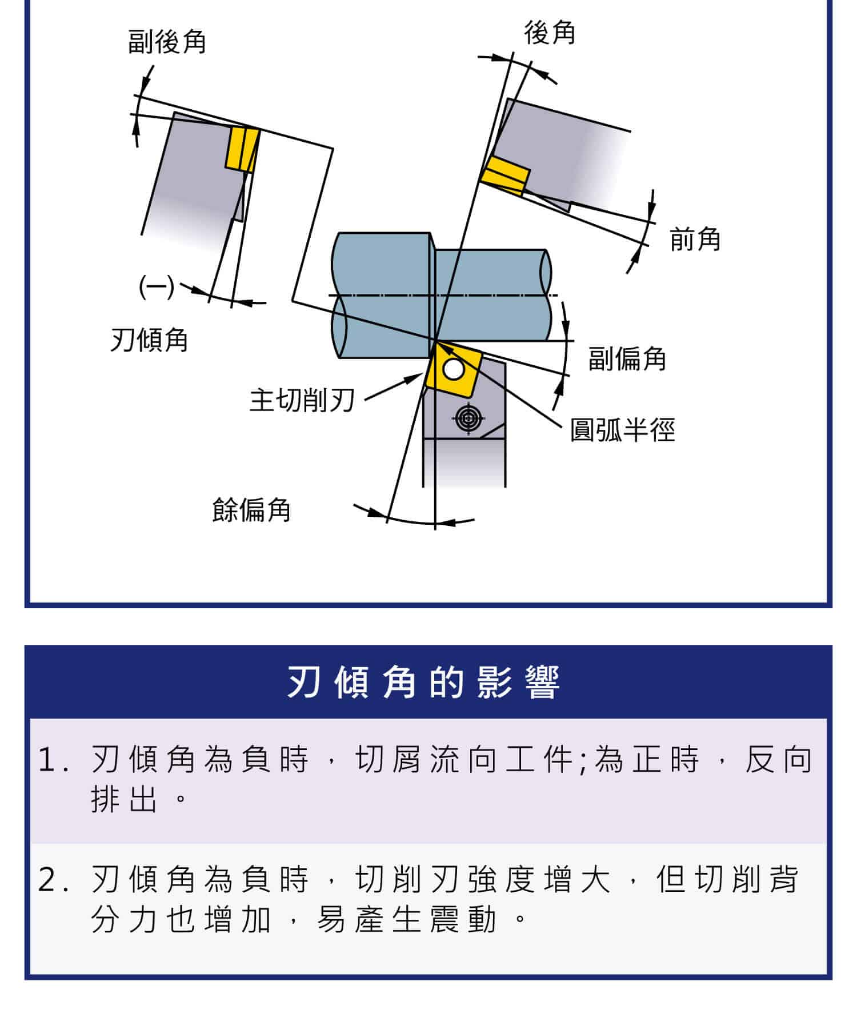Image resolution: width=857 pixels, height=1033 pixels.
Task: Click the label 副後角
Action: pyautogui.click(x=167, y=42)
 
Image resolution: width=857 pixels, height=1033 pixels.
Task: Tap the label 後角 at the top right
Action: pyautogui.click(x=550, y=33)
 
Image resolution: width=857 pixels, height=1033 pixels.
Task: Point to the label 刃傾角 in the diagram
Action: pyautogui.click(x=149, y=340)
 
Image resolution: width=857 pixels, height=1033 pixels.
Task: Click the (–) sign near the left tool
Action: pyautogui.click(x=156, y=286)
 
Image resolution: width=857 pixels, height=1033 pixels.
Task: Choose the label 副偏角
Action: pyautogui.click(x=627, y=359)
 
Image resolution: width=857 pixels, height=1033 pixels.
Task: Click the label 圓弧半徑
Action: pyautogui.click(x=622, y=430)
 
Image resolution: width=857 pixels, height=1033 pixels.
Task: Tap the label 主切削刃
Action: pyautogui.click(x=302, y=400)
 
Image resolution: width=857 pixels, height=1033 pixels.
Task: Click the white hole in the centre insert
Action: pyautogui.click(x=454, y=369)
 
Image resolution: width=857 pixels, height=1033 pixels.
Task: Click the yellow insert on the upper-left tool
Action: pyautogui.click(x=242, y=149)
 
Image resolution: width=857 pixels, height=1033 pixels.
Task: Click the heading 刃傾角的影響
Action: pyautogui.click(x=423, y=682)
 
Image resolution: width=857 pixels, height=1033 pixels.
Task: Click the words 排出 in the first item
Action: pyautogui.click(x=125, y=799)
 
